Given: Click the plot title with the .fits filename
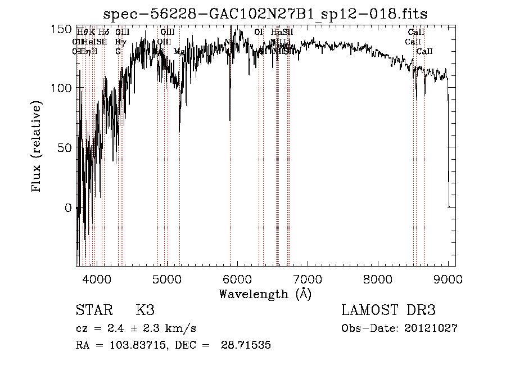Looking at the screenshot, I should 269,14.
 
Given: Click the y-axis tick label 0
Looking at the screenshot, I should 67,208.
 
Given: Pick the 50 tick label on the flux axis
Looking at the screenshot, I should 64,148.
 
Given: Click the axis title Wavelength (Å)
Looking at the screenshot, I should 265,294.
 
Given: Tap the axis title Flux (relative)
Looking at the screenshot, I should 37,147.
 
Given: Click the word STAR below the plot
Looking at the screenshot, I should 93,310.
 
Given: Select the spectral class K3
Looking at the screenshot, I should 144,310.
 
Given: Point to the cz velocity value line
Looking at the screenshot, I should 135,328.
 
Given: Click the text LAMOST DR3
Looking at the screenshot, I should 388,310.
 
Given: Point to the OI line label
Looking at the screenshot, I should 259,32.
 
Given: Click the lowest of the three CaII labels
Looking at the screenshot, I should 424,51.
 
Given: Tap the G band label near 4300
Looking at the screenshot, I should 118,51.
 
